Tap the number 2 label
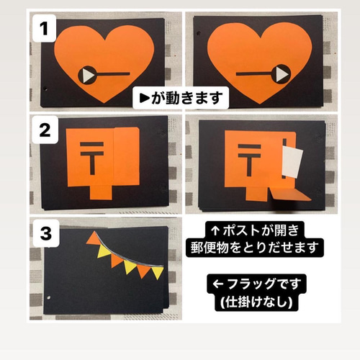(45, 131)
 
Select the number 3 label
(45, 233)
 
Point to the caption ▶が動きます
(182, 97)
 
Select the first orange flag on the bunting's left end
(94, 243)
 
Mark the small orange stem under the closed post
(99, 192)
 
